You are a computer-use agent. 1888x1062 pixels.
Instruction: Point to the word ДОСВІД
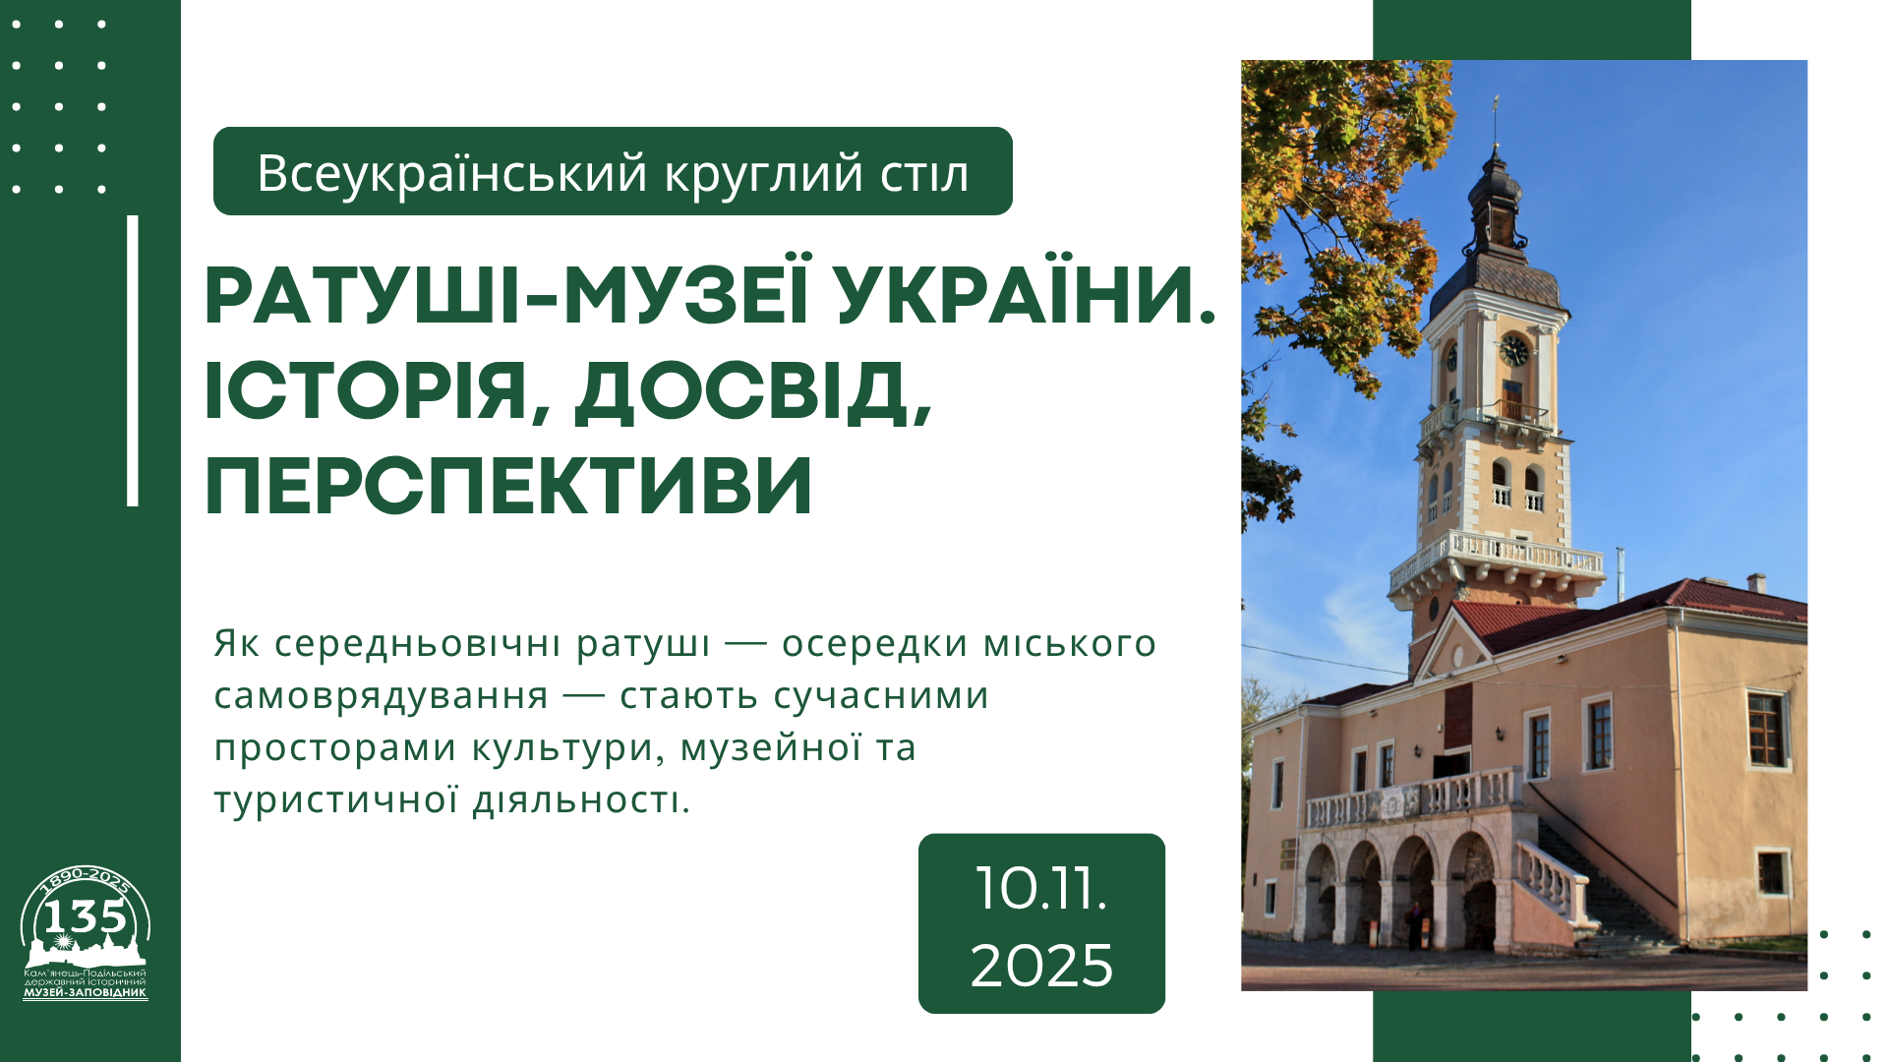point(753,392)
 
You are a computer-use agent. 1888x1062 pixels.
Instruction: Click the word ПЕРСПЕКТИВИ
point(508,485)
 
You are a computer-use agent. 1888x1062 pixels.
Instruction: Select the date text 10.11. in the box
point(1041,889)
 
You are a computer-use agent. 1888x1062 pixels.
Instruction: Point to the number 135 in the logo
point(85,916)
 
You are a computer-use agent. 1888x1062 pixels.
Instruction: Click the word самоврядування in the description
point(382,695)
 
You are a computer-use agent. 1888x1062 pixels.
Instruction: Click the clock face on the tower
point(1513,349)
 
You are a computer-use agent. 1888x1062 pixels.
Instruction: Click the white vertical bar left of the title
point(133,361)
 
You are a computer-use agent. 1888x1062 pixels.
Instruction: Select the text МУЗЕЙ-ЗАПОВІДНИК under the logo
point(85,992)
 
